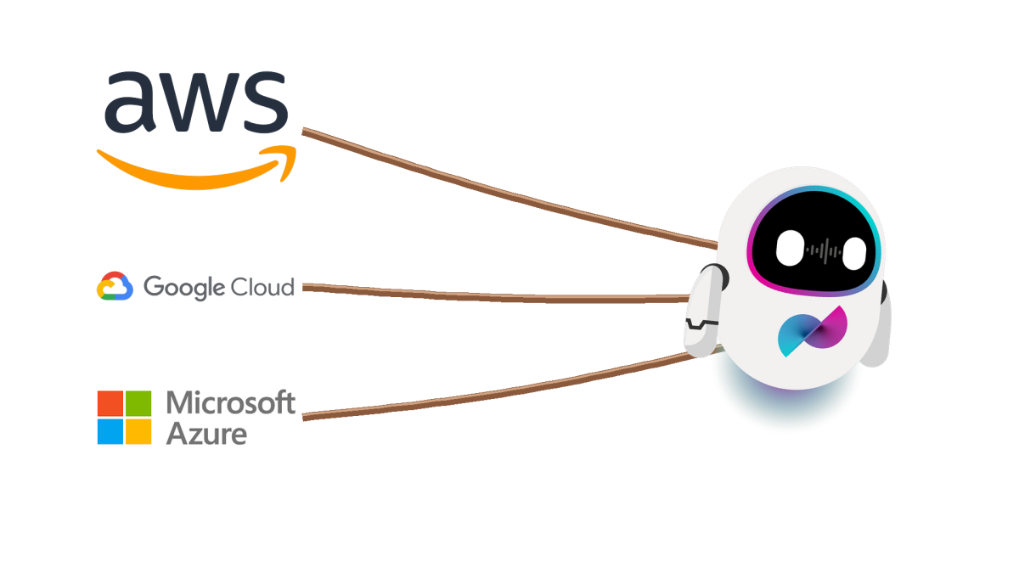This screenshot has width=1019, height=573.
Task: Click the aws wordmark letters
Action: [196, 100]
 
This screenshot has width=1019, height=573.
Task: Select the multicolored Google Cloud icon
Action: [115, 287]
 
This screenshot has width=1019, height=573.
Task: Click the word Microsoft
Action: [231, 402]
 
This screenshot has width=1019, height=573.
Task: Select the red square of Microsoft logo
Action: [110, 403]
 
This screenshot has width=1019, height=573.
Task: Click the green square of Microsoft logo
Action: [138, 403]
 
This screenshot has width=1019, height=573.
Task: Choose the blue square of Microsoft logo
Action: [110, 431]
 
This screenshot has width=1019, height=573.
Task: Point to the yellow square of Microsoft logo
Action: [138, 431]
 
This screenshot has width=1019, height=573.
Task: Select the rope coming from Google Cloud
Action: [501, 295]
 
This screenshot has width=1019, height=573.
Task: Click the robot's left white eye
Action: [789, 248]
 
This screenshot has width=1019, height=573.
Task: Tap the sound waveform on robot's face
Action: [822, 250]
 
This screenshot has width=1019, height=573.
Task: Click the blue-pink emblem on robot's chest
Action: [813, 331]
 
